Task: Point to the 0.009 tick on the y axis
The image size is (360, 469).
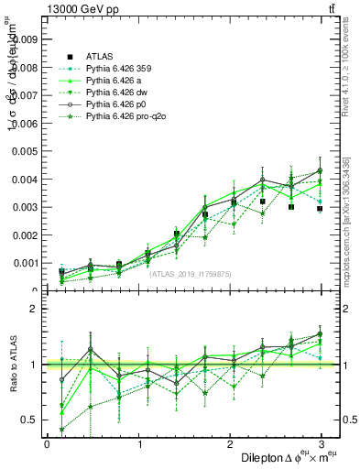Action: pyautogui.click(x=25, y=39)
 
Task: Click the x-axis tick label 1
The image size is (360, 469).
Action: pyautogui.click(x=139, y=443)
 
